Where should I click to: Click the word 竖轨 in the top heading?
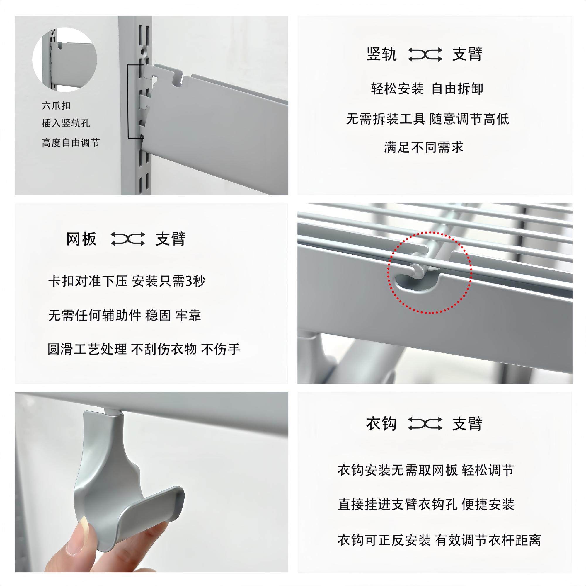(381, 54)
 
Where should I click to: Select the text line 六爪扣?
(56, 105)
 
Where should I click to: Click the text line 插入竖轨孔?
(66, 123)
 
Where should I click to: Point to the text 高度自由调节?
(71, 143)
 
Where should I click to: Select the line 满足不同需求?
(424, 147)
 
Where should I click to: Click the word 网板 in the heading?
(81, 239)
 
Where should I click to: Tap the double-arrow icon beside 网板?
(127, 239)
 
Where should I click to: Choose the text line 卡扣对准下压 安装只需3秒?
(127, 281)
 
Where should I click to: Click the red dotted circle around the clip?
(429, 272)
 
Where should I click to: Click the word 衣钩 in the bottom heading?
(381, 424)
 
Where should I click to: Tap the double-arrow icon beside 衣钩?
(424, 424)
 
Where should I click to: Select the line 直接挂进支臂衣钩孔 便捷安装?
(426, 505)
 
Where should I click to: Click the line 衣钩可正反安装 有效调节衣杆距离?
(439, 540)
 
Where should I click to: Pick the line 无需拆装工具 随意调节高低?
(427, 119)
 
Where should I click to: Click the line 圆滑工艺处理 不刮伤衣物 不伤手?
(144, 349)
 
